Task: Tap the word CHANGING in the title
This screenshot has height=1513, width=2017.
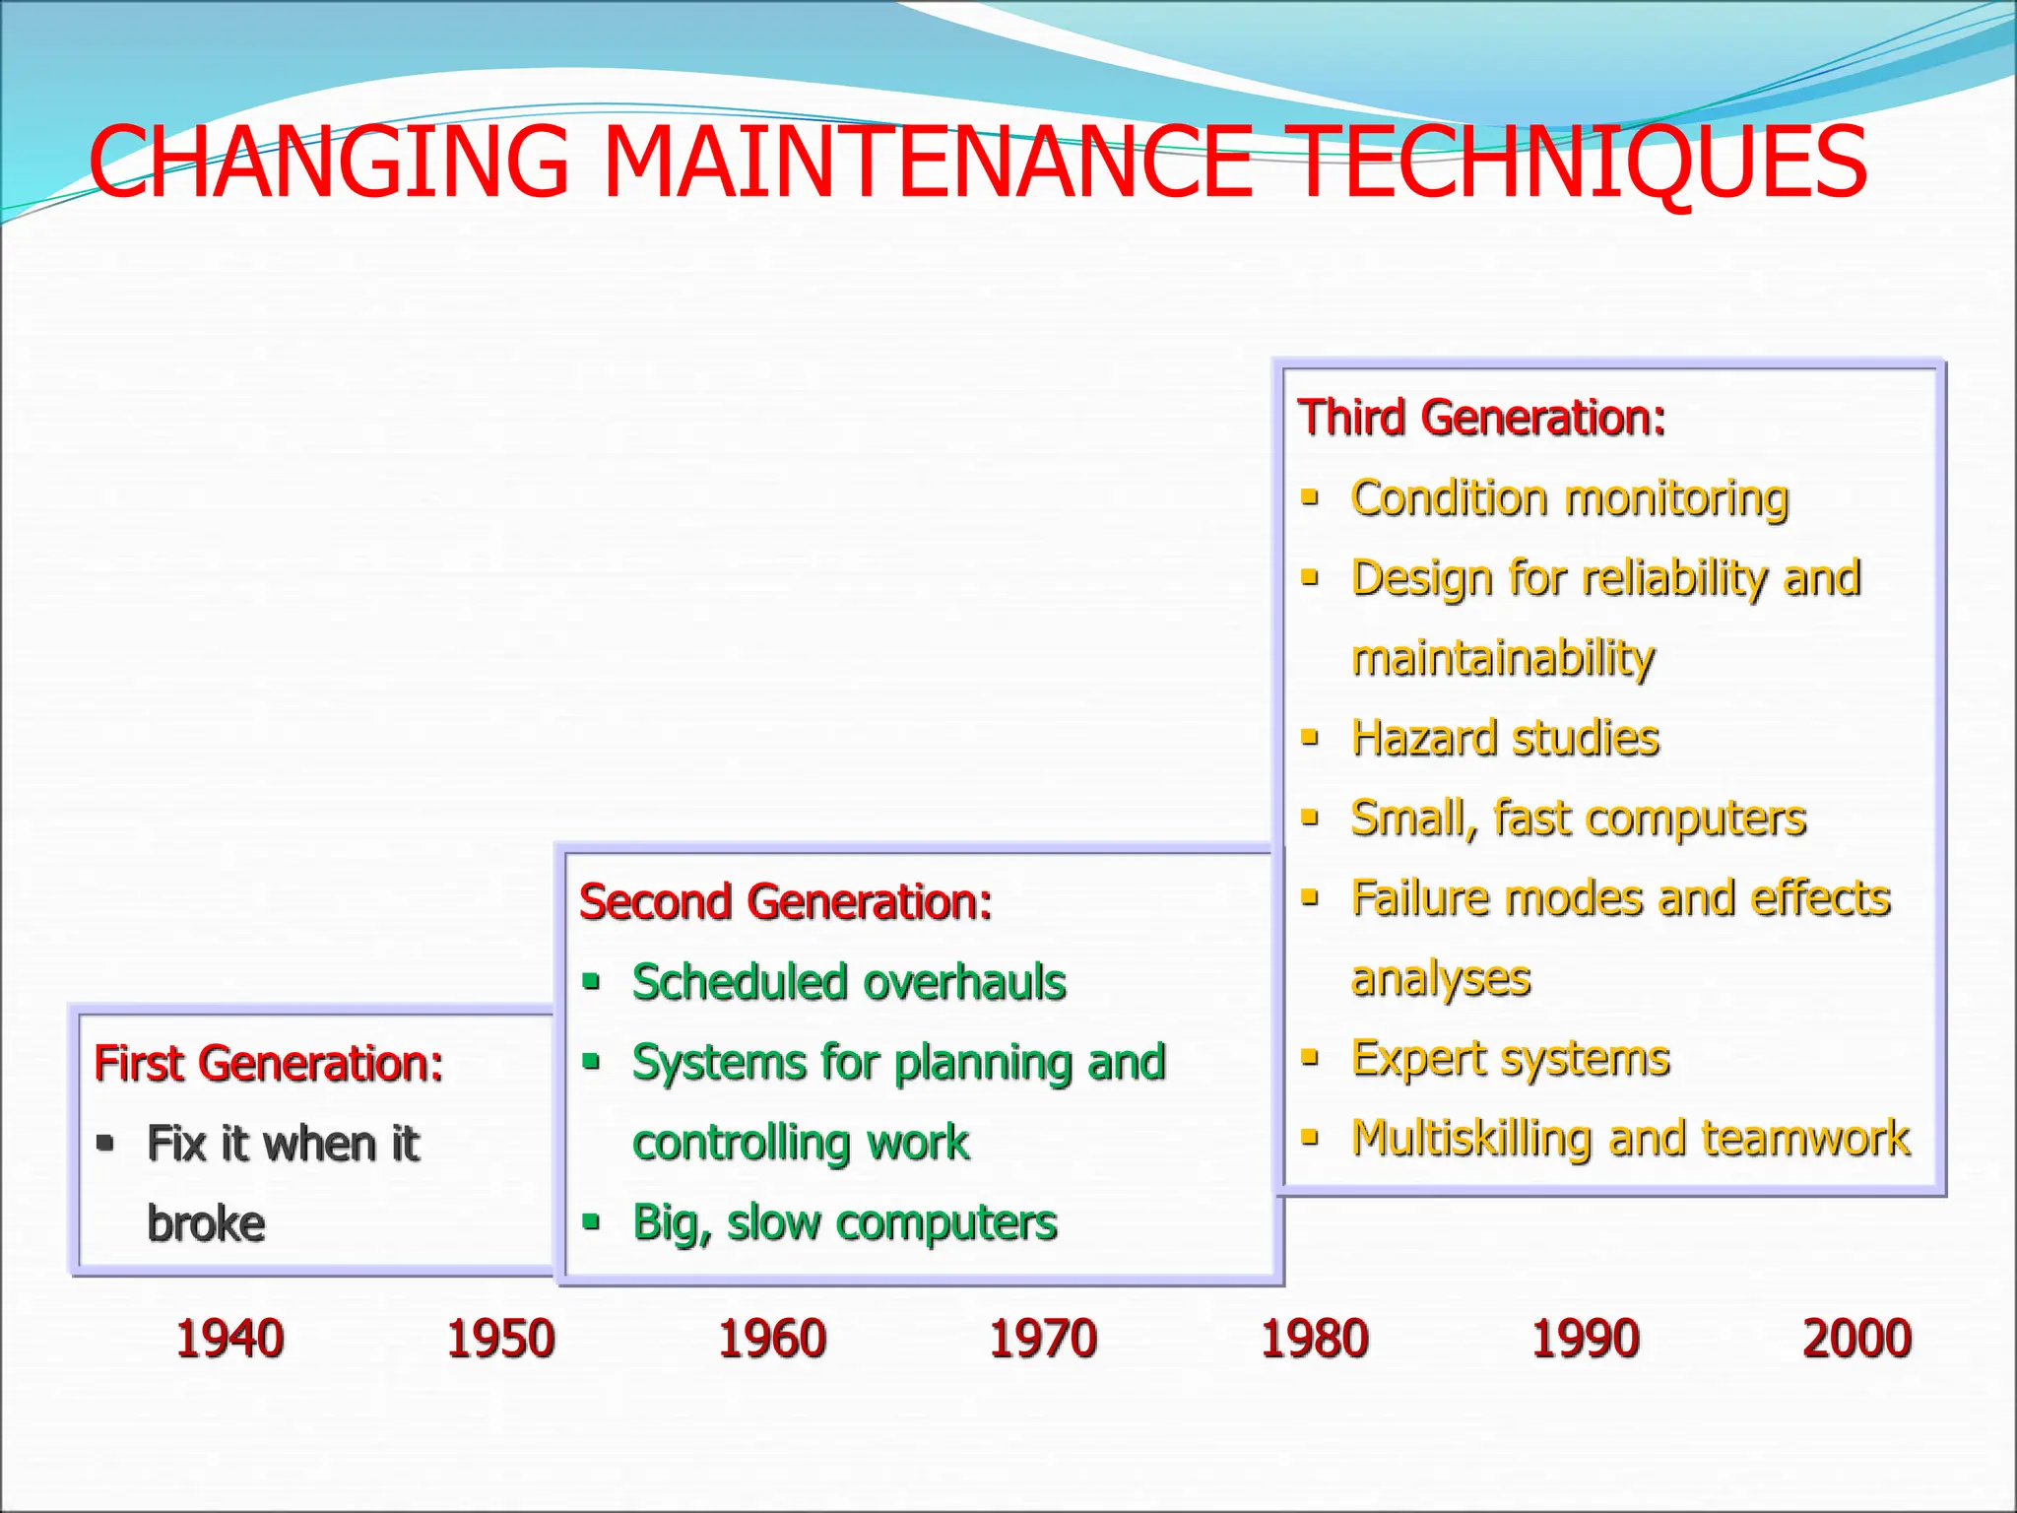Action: [x=330, y=162]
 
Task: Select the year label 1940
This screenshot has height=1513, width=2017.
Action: [x=229, y=1339]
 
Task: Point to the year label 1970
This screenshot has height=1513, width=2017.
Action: [x=1043, y=1339]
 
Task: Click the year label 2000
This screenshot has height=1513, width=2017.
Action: [x=1856, y=1339]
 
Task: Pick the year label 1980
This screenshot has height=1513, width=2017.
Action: [x=1315, y=1339]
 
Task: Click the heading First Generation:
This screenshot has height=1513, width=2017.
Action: [x=268, y=1064]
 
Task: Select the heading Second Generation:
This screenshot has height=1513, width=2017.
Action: [x=785, y=902]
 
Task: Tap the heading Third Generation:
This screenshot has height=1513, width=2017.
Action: [x=1481, y=418]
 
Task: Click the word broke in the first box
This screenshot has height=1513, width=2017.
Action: [x=206, y=1223]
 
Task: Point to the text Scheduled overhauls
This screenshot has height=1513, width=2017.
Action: [x=849, y=982]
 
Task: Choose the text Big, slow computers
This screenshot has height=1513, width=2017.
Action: [x=844, y=1222]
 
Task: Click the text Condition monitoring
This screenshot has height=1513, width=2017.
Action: [x=1570, y=498]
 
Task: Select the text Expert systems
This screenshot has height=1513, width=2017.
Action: [x=1510, y=1059]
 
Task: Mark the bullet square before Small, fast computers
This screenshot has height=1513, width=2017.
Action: [x=1310, y=817]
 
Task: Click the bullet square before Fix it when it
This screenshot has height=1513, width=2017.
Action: [x=105, y=1143]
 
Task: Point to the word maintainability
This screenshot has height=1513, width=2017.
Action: [x=1503, y=658]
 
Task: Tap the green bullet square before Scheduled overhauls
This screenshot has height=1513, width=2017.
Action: [x=591, y=981]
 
